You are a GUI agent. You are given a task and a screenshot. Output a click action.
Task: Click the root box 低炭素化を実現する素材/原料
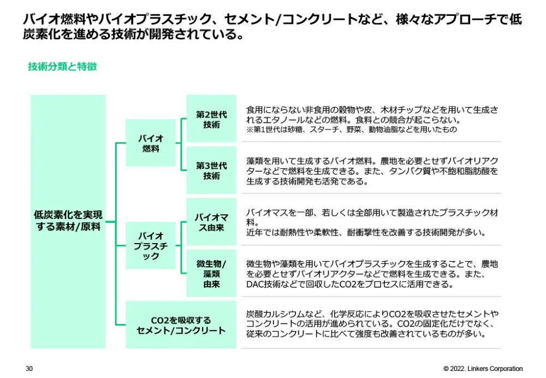(68, 221)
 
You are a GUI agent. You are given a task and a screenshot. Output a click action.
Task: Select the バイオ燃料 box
(151, 143)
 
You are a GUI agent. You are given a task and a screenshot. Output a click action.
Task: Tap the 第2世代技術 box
(211, 120)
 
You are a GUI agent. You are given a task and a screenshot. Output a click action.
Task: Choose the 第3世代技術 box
(211, 170)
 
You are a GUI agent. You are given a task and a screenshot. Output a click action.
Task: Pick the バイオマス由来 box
(211, 222)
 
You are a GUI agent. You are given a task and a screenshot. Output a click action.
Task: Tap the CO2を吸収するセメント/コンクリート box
(181, 325)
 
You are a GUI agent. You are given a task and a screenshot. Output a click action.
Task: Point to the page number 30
(29, 369)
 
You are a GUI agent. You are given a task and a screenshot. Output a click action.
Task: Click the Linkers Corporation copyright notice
(483, 369)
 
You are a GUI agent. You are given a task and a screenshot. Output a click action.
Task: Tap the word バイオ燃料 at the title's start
(50, 20)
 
